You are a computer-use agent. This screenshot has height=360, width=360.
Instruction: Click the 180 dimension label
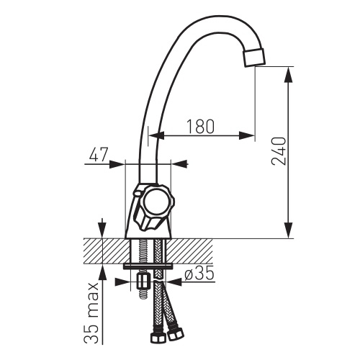pos(200,126)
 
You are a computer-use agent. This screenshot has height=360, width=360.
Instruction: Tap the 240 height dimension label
pos(279,151)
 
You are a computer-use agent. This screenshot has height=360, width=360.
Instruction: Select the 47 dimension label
pos(99,154)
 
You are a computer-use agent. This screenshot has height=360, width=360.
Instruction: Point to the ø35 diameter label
pos(199,274)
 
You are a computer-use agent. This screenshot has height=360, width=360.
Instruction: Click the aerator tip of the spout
pos(254,57)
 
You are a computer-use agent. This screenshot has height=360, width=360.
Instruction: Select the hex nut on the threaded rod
pos(143,282)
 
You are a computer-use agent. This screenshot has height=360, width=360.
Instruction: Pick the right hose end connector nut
pos(175,333)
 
